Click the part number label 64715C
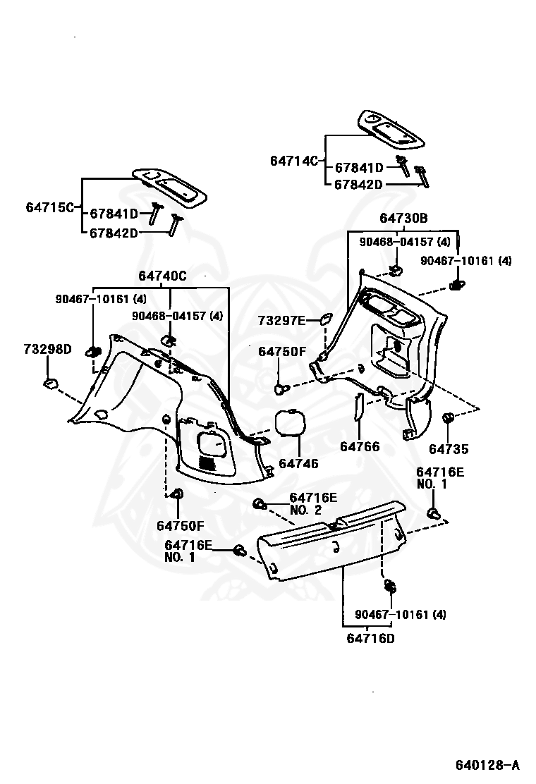[49, 207]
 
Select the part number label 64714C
[293, 161]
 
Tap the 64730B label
[403, 219]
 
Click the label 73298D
[47, 349]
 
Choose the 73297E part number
[281, 321]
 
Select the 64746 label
[298, 463]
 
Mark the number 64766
[359, 447]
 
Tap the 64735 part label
[449, 449]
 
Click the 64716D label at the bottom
[370, 639]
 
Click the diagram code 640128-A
[486, 765]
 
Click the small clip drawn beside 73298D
[50, 384]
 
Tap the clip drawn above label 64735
[446, 419]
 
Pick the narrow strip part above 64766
[358, 408]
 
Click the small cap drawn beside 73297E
[326, 319]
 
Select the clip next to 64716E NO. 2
[260, 504]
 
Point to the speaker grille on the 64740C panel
[207, 463]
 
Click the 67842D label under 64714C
[358, 185]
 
